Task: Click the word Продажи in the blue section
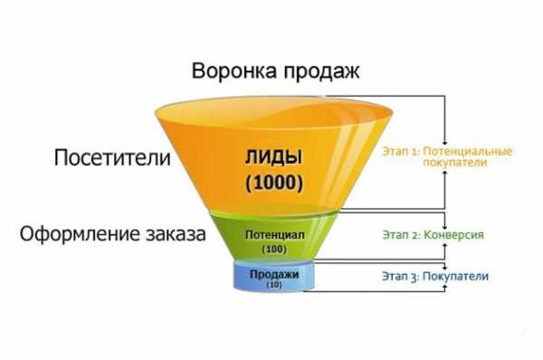pos(273,272)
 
